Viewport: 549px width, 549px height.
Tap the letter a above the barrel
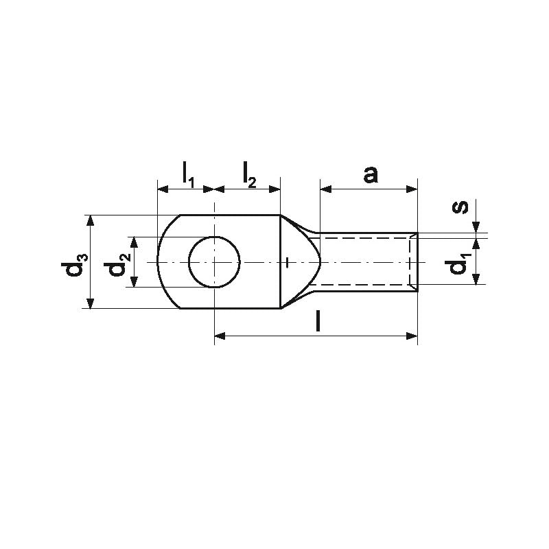click(x=371, y=174)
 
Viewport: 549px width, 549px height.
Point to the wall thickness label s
click(x=460, y=207)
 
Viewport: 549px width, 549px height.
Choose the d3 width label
click(x=74, y=265)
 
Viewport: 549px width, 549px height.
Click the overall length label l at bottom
click(x=318, y=321)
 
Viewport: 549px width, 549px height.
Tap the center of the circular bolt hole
click(x=214, y=262)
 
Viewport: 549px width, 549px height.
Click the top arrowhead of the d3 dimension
click(x=91, y=220)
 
